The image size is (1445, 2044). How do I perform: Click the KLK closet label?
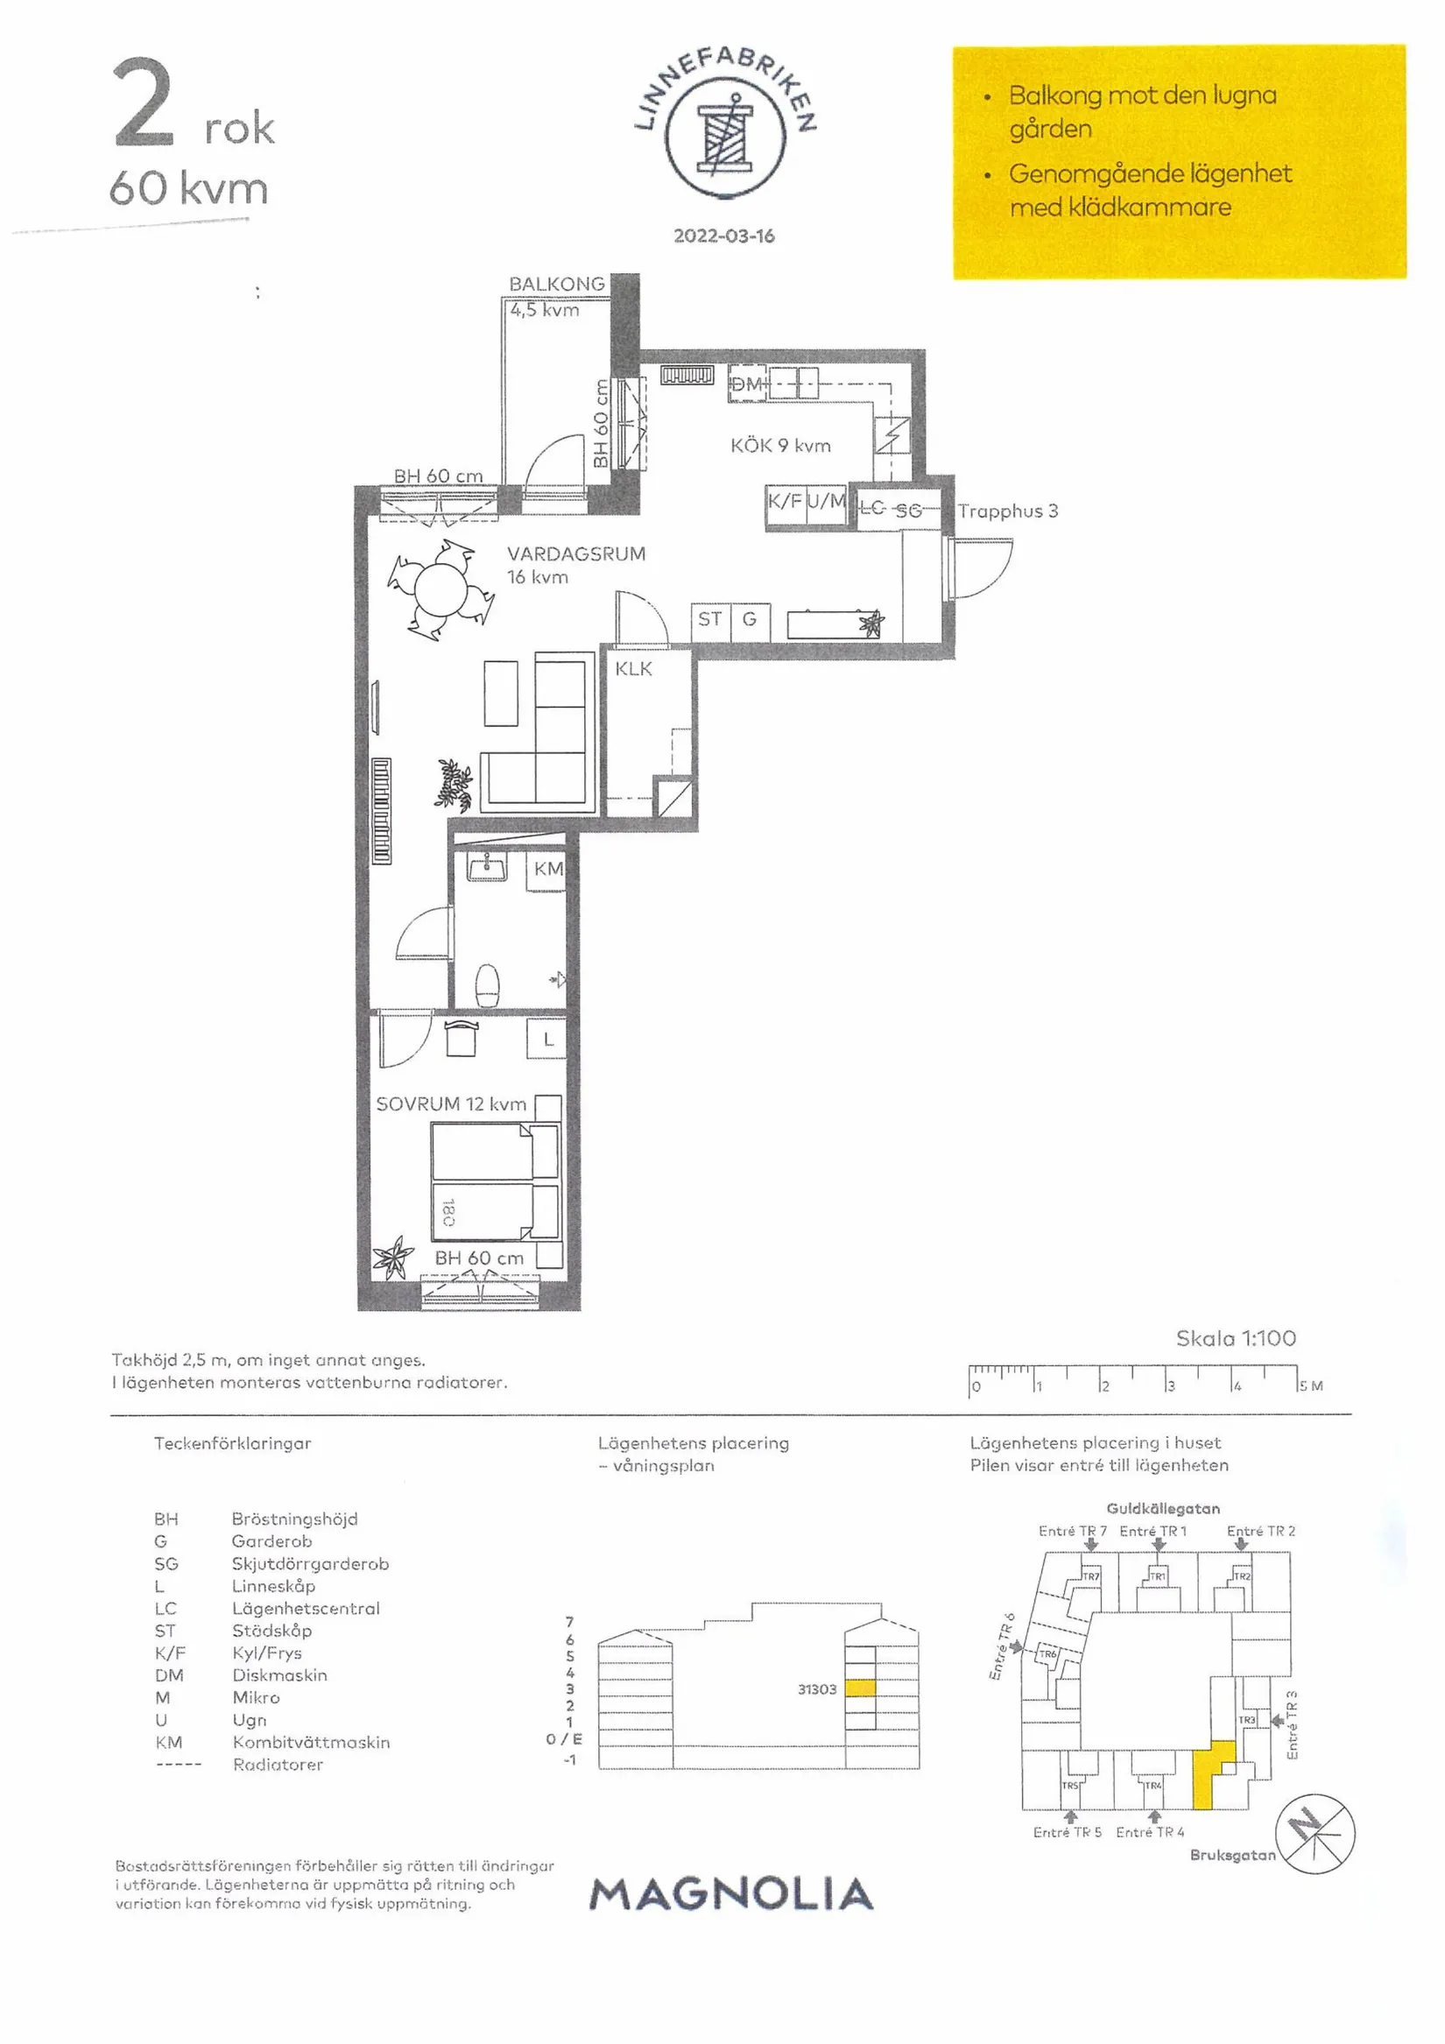633,668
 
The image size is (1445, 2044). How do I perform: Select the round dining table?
441,588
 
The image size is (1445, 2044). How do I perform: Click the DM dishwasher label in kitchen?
746,384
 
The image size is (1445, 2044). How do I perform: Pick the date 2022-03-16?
724,236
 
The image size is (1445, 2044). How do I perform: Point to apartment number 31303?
816,1688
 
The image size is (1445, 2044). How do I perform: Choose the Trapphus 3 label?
1008,511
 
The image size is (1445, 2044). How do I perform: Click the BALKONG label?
556,284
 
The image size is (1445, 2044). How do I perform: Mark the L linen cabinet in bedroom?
546,1038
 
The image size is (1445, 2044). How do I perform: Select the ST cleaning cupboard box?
710,621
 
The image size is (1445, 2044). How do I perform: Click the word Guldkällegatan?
1163,1508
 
